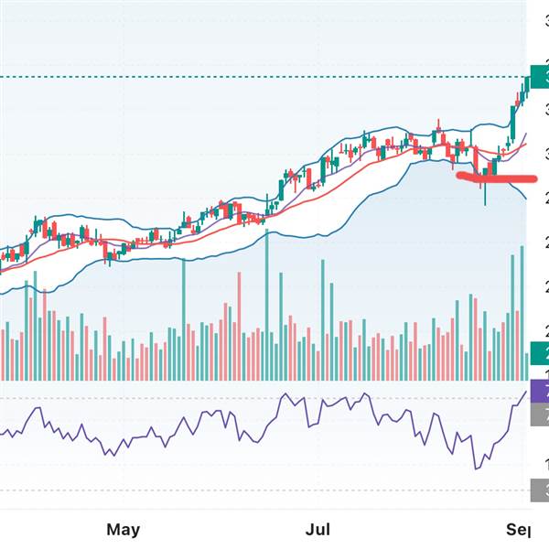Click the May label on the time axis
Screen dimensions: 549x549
123,529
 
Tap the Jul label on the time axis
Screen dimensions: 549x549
318,529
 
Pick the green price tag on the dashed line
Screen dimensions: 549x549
539,77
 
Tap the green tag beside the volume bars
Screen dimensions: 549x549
539,352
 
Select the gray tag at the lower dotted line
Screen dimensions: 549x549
539,491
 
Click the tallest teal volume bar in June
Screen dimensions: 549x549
267,306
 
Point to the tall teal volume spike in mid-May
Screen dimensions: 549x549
184,320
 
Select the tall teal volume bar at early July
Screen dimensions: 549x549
323,320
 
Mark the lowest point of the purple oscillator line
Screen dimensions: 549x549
476,468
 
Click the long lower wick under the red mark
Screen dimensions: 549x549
485,195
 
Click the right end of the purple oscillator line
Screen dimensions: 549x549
526,392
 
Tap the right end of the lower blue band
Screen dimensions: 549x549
525,199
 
